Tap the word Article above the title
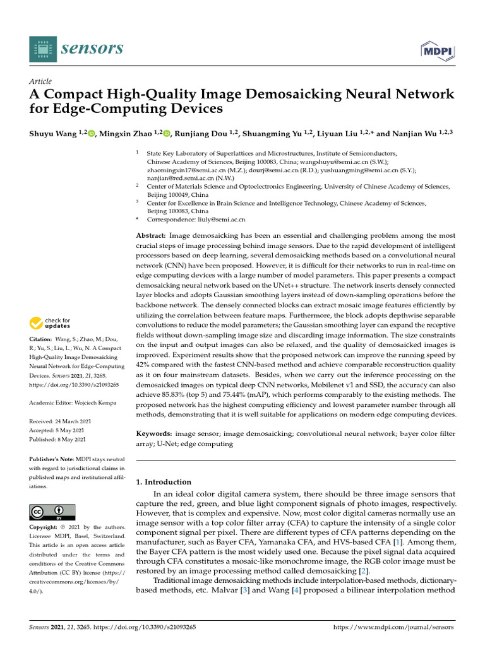point(40,81)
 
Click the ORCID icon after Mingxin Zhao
point(167,132)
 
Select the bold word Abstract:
point(151,235)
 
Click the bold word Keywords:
point(154,435)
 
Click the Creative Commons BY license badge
point(52,512)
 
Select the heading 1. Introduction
point(164,481)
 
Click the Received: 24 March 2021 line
point(61,421)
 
